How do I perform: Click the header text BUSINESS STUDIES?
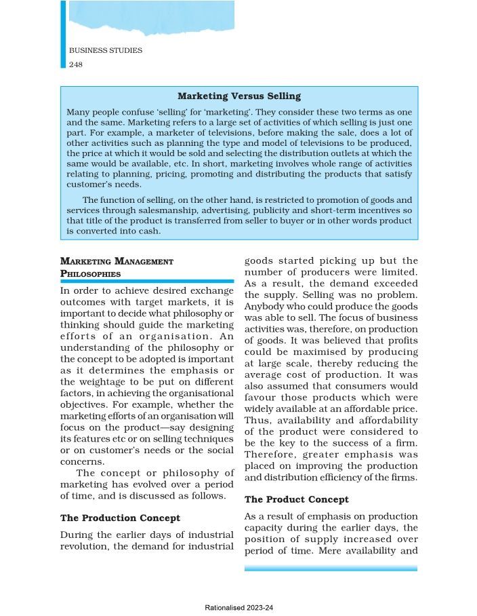(105, 51)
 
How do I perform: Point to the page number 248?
(76, 64)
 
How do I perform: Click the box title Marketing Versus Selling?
(239, 96)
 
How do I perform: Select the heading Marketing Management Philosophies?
(117, 267)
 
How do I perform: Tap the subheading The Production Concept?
(120, 518)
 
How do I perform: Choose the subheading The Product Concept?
(296, 499)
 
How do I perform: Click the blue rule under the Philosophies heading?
(147, 280)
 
